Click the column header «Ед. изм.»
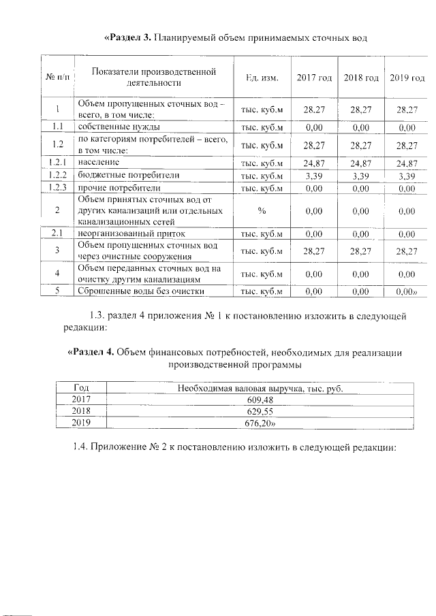[262, 78]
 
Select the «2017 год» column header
[314, 78]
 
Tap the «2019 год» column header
[407, 78]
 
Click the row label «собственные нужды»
[119, 127]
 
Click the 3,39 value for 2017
[313, 176]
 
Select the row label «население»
[99, 163]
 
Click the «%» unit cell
[262, 211]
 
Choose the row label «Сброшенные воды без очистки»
[141, 292]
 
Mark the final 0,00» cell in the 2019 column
[407, 292]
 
